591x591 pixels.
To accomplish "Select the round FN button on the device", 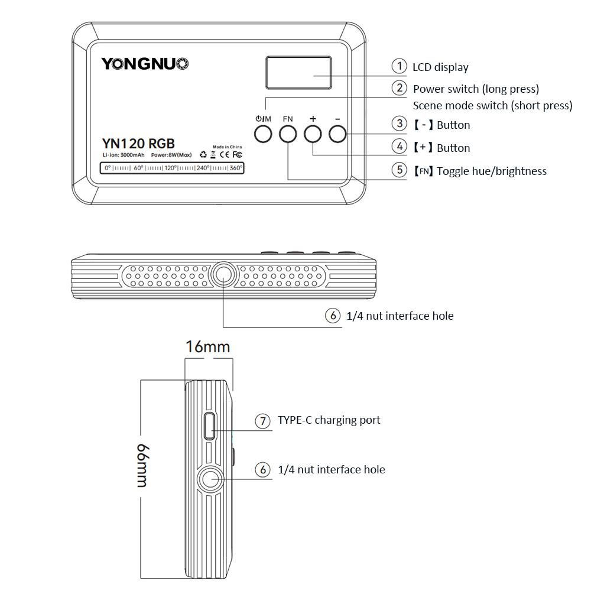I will pos(288,134).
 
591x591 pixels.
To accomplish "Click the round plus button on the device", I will pos(313,134).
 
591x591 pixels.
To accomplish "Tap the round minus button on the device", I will pos(337,134).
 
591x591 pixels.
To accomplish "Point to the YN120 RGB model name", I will pos(138,143).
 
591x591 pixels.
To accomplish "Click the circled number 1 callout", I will pos(400,66).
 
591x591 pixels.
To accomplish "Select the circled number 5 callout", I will pos(400,170).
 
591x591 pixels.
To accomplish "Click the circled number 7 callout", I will pos(262,421).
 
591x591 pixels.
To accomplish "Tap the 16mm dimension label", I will pos(207,346).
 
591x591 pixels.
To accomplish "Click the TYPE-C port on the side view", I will pos(209,426).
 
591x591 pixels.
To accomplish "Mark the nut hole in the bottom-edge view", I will pos(223,273).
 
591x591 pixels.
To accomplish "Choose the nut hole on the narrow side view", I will pos(210,479).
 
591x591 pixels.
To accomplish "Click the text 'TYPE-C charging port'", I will pos(329,420).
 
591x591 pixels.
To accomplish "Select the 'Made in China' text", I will pos(228,145).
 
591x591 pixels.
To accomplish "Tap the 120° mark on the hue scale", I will pos(171,168).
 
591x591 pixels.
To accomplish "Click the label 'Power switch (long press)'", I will pos(476,89).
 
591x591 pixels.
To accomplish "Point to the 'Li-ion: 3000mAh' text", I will pos(123,155).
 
